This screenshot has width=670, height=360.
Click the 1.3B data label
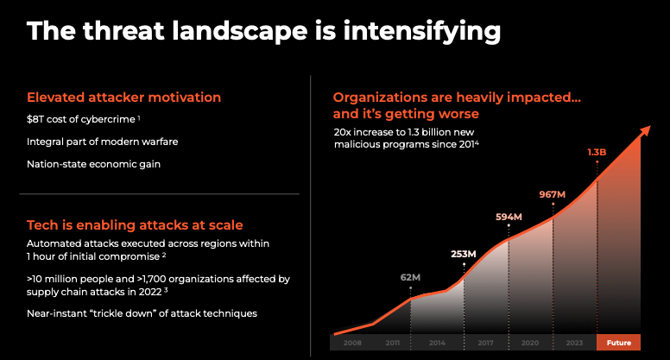(597, 152)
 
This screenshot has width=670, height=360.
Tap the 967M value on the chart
(552, 194)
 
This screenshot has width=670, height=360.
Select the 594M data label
(509, 217)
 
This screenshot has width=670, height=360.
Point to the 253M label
(463, 254)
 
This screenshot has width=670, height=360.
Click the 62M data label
(410, 277)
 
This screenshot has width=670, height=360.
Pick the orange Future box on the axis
(618, 342)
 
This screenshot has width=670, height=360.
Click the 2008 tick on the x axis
(352, 343)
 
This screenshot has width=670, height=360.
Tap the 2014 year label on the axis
(437, 343)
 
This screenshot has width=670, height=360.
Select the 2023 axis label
(574, 343)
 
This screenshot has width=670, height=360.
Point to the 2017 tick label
(485, 343)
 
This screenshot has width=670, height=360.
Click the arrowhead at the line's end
(645, 130)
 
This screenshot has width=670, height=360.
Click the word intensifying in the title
(421, 32)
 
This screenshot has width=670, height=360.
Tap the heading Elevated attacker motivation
(124, 98)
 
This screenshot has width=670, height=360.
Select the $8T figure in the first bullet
(35, 119)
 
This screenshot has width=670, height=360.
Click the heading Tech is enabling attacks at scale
(135, 225)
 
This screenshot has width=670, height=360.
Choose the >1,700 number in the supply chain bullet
(153, 279)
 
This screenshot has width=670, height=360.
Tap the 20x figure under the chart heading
(343, 132)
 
